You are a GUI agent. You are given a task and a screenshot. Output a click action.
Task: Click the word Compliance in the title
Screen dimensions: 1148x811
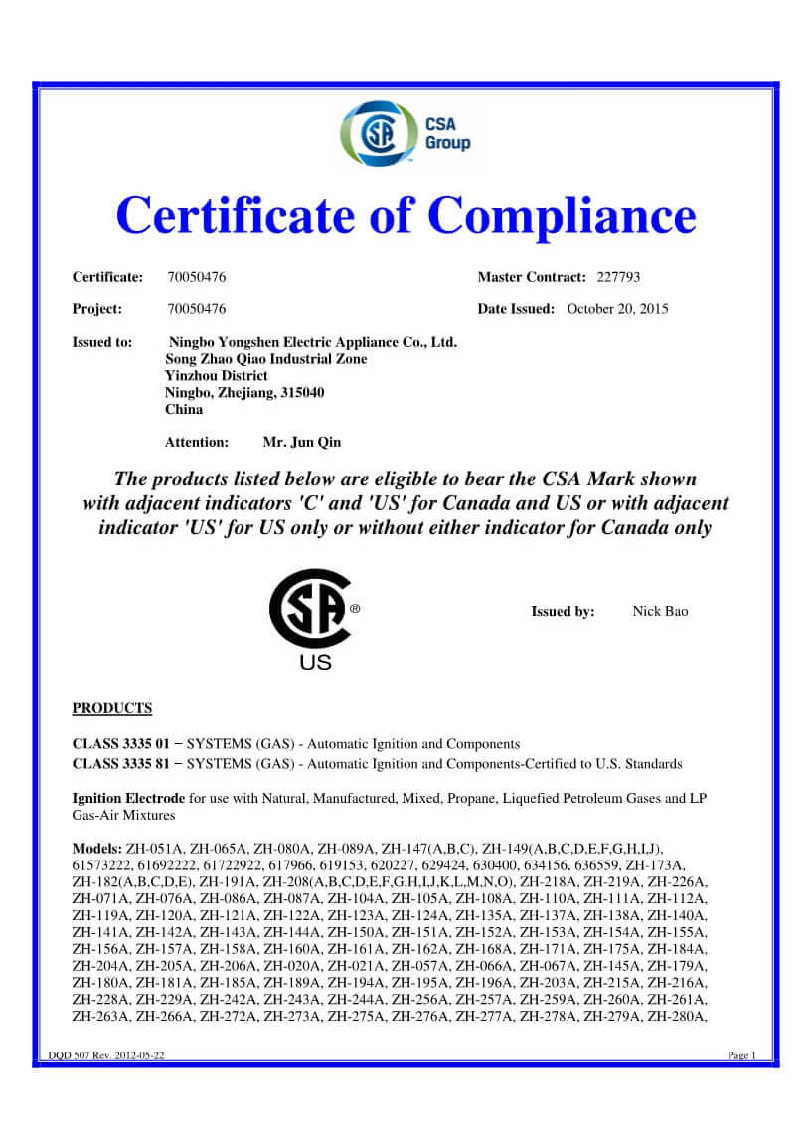(563, 215)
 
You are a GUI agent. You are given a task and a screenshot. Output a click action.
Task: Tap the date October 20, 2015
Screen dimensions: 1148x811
(617, 309)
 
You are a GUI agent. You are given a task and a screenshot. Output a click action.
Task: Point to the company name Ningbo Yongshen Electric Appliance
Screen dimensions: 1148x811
(313, 342)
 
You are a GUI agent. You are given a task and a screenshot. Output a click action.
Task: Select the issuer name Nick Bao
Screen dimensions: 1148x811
(660, 611)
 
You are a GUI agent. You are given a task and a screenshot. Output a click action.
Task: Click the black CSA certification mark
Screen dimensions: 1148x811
(309, 609)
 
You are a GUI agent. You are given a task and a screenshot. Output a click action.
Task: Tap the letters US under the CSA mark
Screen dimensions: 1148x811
(315, 662)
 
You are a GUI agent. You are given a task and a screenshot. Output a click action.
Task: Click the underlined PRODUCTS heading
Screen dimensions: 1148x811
(112, 708)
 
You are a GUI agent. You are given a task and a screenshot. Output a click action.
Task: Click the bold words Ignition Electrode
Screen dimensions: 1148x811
(128, 798)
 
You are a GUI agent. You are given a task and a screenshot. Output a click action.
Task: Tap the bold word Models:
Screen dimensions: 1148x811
(97, 849)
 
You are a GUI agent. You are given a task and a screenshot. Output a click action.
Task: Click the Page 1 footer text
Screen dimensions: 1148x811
(741, 1055)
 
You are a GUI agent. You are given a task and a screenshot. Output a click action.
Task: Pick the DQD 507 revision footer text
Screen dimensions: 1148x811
(106, 1055)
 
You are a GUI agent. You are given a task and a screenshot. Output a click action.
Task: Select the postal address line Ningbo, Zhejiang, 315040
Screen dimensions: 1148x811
(244, 392)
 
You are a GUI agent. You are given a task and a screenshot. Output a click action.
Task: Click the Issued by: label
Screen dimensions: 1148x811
(563, 611)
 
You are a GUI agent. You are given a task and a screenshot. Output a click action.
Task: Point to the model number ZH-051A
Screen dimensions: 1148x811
(155, 849)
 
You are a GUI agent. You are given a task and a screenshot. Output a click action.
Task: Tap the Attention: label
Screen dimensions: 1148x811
(197, 441)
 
